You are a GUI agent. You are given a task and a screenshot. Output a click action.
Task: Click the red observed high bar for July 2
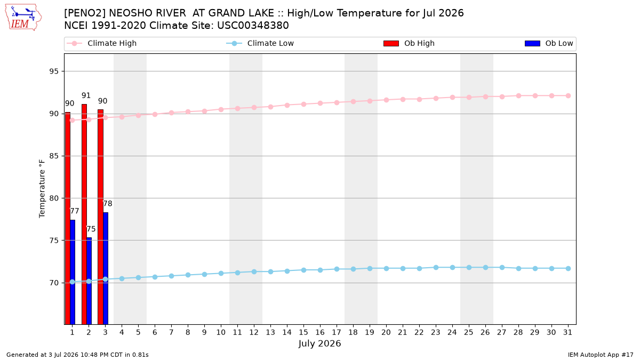(84, 214)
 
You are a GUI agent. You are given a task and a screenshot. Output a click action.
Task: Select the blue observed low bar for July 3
(106, 268)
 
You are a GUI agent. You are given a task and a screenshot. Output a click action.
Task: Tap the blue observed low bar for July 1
(73, 272)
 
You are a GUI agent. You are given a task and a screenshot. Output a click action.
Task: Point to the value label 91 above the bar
(86, 95)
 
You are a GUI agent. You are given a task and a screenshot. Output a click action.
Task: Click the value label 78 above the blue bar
(107, 203)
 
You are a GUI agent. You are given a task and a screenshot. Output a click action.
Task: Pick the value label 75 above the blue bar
(91, 229)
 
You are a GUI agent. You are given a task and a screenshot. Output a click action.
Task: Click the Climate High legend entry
(102, 43)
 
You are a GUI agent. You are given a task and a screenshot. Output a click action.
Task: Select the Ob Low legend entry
(549, 43)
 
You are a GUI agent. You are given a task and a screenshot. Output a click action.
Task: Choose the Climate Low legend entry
(260, 43)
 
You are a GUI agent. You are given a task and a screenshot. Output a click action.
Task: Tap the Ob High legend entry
(409, 43)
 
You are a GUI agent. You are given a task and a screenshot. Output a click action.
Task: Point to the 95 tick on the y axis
(54, 71)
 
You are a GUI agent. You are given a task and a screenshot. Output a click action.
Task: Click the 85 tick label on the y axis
(54, 156)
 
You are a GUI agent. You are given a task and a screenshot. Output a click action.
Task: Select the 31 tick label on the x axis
(567, 332)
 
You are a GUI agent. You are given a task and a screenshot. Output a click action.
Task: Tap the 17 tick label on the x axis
(337, 332)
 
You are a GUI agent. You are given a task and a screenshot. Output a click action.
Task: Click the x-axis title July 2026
(319, 343)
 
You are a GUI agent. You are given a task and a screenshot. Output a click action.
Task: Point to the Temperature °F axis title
(42, 189)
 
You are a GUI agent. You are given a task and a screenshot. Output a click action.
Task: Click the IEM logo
(23, 17)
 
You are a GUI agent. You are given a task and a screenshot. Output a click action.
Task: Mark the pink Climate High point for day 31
(568, 95)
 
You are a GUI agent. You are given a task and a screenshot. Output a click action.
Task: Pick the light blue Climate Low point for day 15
(303, 270)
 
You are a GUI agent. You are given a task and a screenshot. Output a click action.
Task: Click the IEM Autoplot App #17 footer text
(601, 355)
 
